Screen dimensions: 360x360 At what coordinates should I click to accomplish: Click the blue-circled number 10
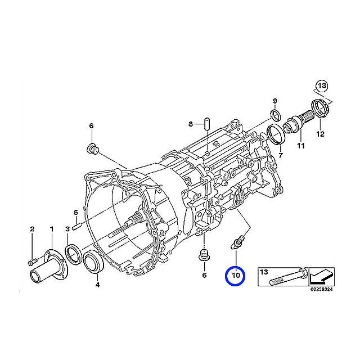coord(235,276)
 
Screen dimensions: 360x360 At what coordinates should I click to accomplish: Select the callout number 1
coord(51,229)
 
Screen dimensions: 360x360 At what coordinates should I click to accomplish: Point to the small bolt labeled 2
coord(32,260)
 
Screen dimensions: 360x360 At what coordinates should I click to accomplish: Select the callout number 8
coord(191,124)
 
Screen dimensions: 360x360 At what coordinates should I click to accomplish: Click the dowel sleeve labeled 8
coord(206,123)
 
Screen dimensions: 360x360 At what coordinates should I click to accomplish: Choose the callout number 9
coord(275,101)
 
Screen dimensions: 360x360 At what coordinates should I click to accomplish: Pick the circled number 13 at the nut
coord(321,86)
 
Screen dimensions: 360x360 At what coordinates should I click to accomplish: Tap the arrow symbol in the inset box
coord(321,277)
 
